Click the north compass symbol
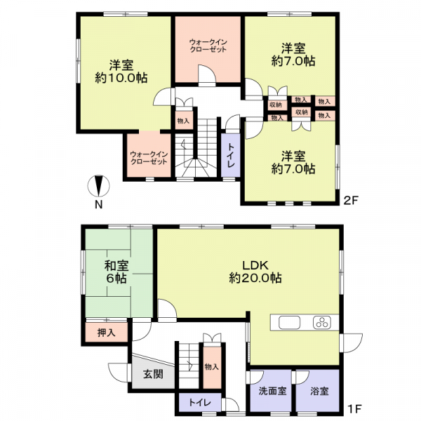(x=98, y=186)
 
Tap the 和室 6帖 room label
(x=116, y=272)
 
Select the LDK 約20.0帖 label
(x=255, y=272)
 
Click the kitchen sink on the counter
(x=289, y=323)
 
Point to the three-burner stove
(x=322, y=323)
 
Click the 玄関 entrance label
(x=153, y=374)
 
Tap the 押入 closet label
(x=107, y=333)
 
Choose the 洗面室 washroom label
(x=272, y=391)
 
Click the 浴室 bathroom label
(x=319, y=391)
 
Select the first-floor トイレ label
(x=200, y=403)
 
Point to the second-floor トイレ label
(x=231, y=155)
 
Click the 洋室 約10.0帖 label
(x=121, y=72)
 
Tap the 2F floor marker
(x=352, y=200)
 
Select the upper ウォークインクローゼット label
(x=208, y=46)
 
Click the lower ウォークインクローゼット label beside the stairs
(x=149, y=158)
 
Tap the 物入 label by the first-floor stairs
(x=212, y=367)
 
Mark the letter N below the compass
(x=99, y=205)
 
